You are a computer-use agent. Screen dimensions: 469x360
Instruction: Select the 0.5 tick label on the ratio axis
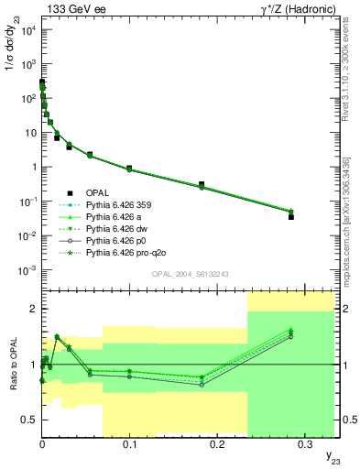pyautogui.click(x=29, y=420)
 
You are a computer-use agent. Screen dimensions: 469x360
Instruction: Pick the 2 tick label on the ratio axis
pyautogui.click(x=33, y=309)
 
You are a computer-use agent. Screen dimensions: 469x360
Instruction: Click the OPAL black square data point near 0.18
pyautogui.click(x=201, y=184)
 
